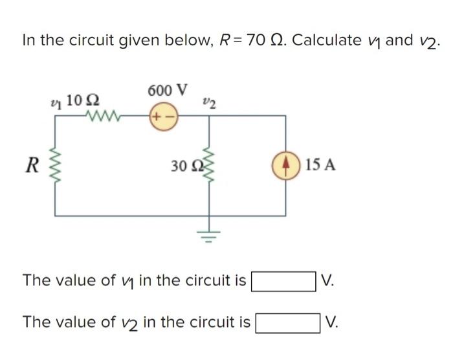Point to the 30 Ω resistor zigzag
208,164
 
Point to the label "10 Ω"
83,100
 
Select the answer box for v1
283,281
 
